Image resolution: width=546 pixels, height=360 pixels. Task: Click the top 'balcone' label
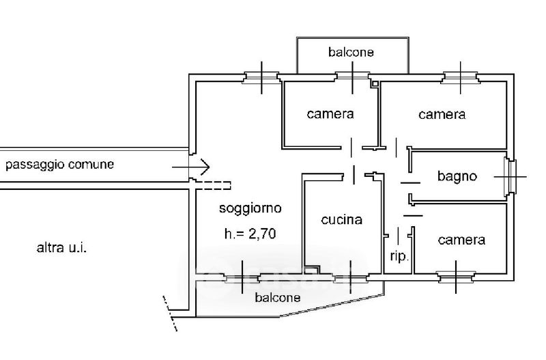pyautogui.click(x=351, y=52)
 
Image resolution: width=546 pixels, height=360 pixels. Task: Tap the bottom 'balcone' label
pyautogui.click(x=277, y=297)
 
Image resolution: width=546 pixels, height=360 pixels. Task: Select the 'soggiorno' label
pyautogui.click(x=250, y=207)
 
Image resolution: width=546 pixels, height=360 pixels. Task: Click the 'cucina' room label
pyautogui.click(x=341, y=220)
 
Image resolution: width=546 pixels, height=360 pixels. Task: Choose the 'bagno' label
pyautogui.click(x=457, y=176)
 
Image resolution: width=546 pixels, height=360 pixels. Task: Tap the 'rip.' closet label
pyautogui.click(x=399, y=257)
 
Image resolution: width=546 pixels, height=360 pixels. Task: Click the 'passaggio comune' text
pyautogui.click(x=59, y=165)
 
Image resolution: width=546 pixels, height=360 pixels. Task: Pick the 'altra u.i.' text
pyautogui.click(x=61, y=247)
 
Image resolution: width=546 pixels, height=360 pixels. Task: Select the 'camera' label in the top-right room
pyautogui.click(x=442, y=115)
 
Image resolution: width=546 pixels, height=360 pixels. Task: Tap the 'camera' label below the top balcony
pyautogui.click(x=330, y=114)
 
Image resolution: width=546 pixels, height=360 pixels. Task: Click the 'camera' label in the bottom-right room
pyautogui.click(x=461, y=240)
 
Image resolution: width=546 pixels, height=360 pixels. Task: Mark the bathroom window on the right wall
pyautogui.click(x=511, y=176)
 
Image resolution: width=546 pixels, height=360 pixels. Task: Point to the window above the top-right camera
pyautogui.click(x=461, y=77)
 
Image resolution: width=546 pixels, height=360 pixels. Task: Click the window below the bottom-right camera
pyautogui.click(x=455, y=277)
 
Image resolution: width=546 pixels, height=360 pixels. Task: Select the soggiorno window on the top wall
pyautogui.click(x=262, y=77)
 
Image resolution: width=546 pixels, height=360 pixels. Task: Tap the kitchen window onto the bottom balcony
pyautogui.click(x=351, y=277)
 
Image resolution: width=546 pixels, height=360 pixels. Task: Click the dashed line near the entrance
pyautogui.click(x=213, y=184)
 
